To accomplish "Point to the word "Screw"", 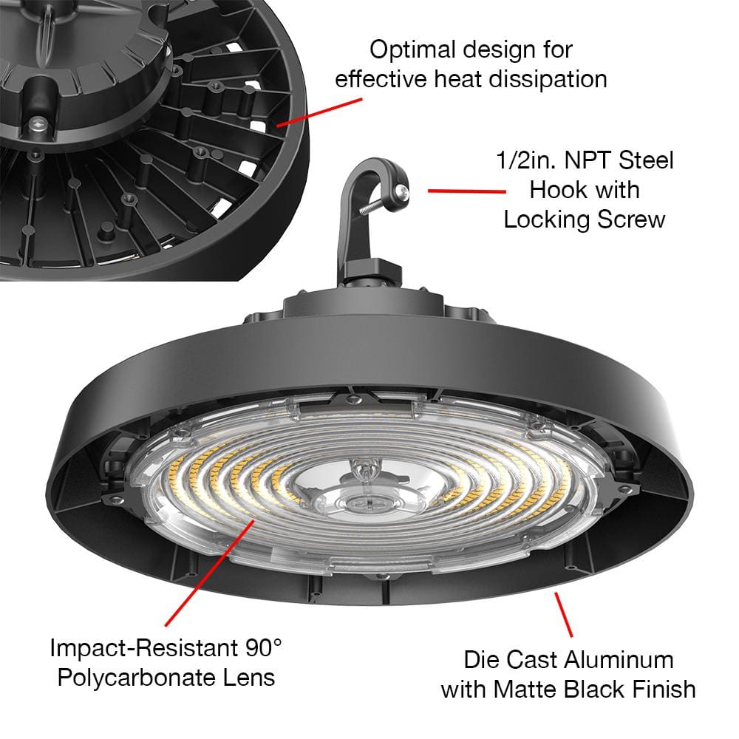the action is tap(631, 219).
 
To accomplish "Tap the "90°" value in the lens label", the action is tap(263, 648).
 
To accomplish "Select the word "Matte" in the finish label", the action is tap(525, 689).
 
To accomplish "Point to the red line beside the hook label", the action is tap(466, 191).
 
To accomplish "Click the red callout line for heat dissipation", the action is tap(319, 112).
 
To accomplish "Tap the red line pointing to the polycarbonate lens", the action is tap(210, 573).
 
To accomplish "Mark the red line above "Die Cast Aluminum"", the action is tap(564, 615).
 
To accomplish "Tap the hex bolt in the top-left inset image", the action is tap(38, 126).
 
